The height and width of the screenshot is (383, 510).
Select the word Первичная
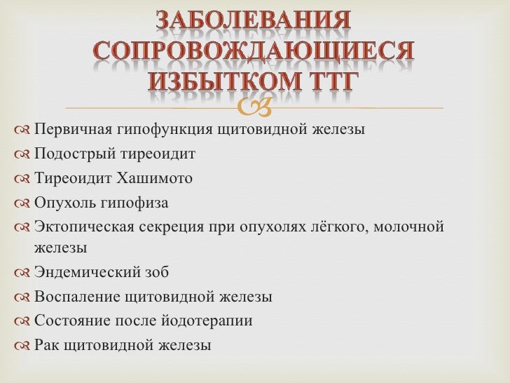tap(69, 130)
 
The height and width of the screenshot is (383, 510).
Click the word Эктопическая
tap(81, 227)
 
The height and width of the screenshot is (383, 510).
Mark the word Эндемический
tap(83, 272)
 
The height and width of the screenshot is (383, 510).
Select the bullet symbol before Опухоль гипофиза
tap(21, 203)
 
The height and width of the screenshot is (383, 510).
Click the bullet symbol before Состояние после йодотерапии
tap(21, 322)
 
